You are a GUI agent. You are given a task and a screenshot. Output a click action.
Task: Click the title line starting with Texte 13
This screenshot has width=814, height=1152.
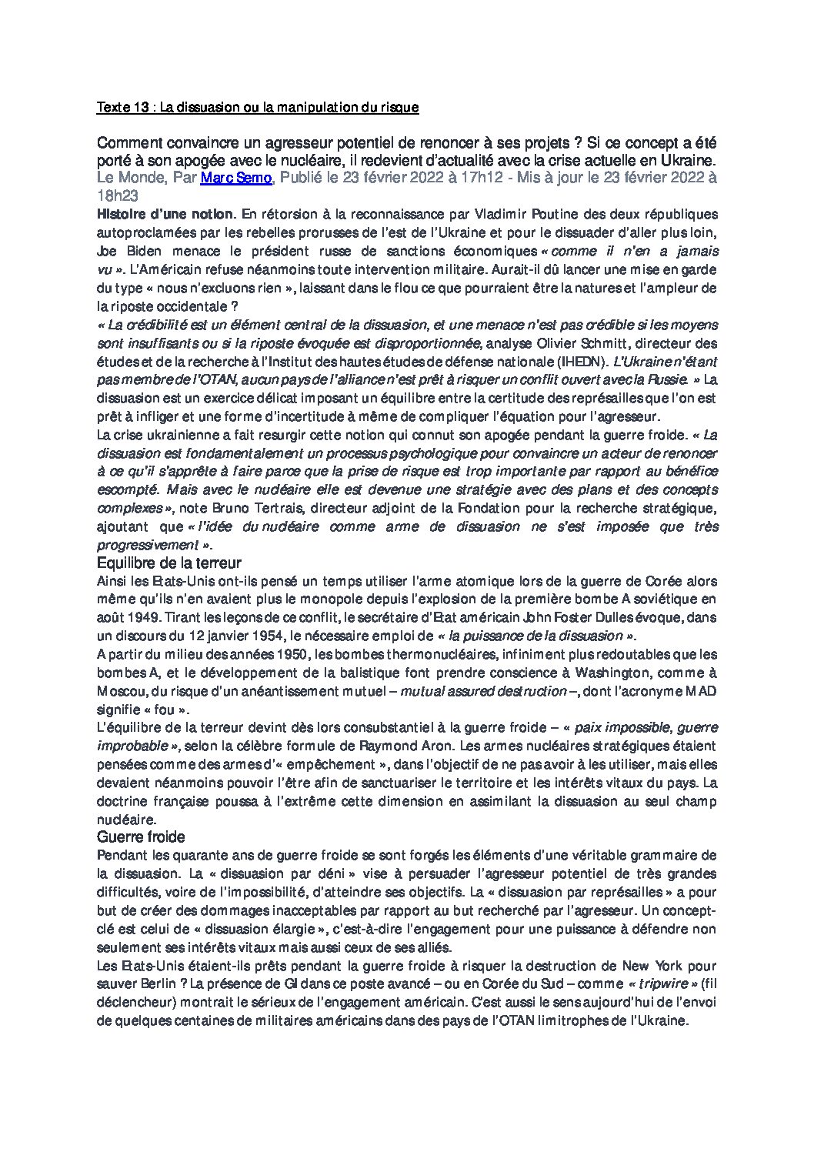pyautogui.click(x=257, y=108)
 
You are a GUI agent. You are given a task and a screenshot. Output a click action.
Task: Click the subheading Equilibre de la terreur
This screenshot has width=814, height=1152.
pyautogui.click(x=170, y=563)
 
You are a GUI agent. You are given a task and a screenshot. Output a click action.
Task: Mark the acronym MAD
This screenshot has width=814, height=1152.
pyautogui.click(x=703, y=691)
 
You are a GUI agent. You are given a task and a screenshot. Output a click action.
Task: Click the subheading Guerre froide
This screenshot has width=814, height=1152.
pyautogui.click(x=142, y=836)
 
